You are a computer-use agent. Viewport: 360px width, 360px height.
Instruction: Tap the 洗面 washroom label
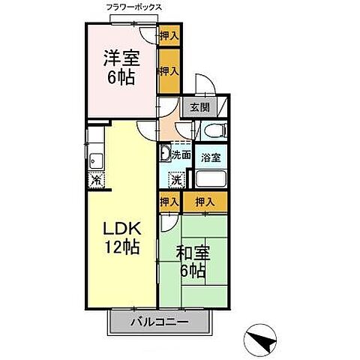click(180, 155)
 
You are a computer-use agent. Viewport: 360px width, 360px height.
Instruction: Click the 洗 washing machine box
click(175, 179)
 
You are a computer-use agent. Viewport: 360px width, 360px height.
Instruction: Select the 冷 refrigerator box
click(96, 180)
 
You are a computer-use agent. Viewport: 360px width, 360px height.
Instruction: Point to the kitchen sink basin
click(94, 159)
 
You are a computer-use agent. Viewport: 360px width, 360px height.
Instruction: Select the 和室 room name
click(193, 254)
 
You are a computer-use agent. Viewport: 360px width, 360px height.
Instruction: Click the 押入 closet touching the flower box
click(169, 34)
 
